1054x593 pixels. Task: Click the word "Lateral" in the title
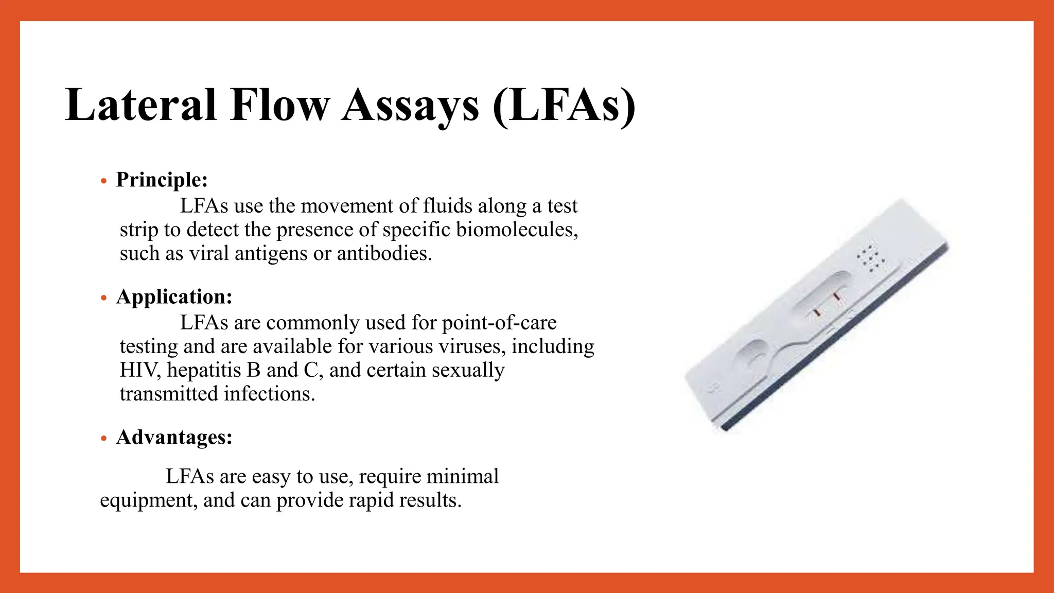click(x=140, y=105)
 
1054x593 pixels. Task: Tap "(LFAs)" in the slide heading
click(x=564, y=106)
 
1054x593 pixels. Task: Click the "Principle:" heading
click(x=162, y=180)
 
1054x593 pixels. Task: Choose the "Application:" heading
click(x=174, y=296)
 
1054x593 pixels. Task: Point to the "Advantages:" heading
click(x=174, y=437)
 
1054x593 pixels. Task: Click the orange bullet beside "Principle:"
click(x=104, y=181)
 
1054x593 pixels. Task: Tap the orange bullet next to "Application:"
click(x=104, y=298)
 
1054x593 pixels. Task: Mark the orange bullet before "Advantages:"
click(x=104, y=439)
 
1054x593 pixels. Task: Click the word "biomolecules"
click(x=517, y=230)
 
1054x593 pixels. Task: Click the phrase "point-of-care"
click(x=499, y=323)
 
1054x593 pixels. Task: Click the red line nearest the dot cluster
click(x=836, y=297)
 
